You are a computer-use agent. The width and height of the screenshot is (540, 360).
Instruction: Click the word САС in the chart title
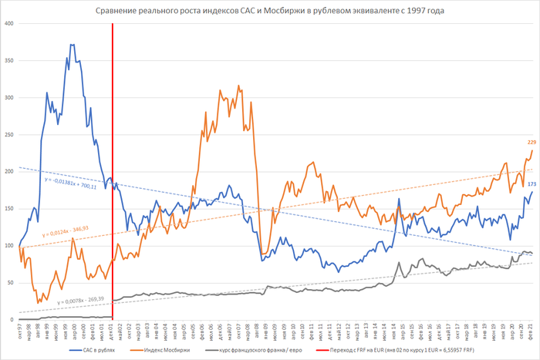[241, 11]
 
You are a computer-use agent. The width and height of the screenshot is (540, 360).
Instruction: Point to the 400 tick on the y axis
[8, 23]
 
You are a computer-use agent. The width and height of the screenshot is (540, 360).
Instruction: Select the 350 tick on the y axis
[8, 60]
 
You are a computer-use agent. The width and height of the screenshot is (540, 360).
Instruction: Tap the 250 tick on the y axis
[8, 134]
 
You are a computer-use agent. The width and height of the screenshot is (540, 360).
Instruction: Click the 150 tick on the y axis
[8, 208]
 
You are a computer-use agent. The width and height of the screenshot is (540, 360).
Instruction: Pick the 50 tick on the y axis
[10, 282]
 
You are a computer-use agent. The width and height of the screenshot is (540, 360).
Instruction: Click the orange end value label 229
[532, 142]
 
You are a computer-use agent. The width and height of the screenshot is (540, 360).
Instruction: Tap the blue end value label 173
[532, 183]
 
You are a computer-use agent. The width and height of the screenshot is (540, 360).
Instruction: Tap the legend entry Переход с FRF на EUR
[393, 351]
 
